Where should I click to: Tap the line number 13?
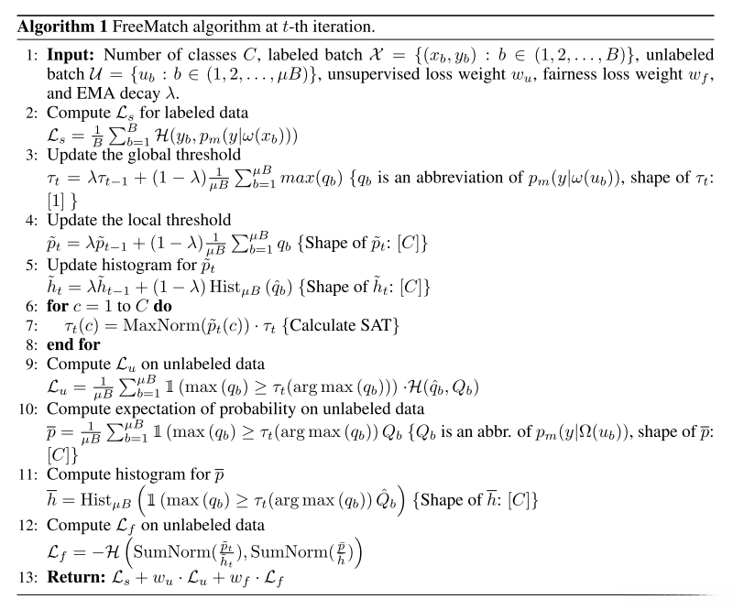point(33,579)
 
